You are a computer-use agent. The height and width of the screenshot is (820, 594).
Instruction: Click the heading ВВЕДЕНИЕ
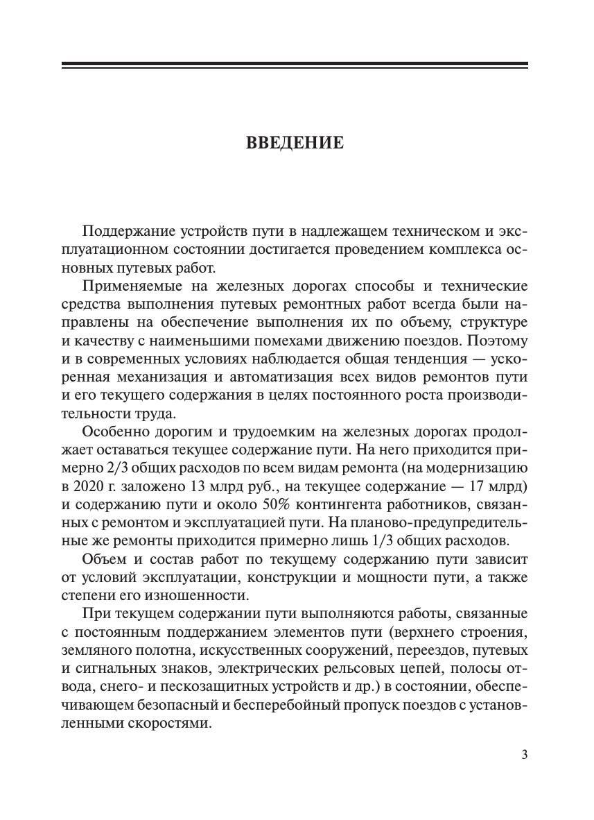pos(295,143)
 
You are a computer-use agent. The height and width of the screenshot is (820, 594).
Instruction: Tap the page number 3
pos(524,755)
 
